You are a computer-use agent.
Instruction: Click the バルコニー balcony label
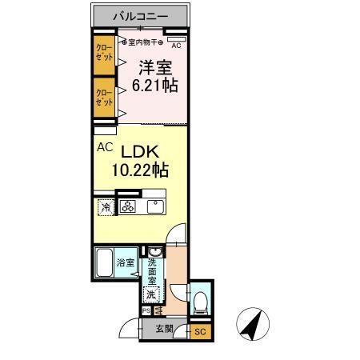point(141,16)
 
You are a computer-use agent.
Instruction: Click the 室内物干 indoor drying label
point(145,42)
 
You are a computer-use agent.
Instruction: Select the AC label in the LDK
point(104,147)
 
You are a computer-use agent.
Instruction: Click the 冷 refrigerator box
point(106,207)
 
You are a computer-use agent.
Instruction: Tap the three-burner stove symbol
point(129,207)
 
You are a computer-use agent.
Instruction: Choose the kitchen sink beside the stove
point(153,207)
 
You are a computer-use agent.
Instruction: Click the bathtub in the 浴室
point(103,262)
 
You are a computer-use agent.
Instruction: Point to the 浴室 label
point(126,262)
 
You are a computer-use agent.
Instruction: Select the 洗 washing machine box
point(150,293)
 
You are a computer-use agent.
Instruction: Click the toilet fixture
point(200,302)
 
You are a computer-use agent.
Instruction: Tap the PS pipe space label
point(146,310)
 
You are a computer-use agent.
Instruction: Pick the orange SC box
point(201,330)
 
